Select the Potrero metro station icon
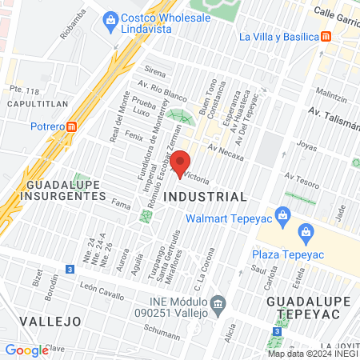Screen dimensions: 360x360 (x=73, y=126)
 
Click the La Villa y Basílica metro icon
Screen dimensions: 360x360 (x=326, y=37)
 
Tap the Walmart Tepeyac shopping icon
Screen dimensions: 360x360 (x=282, y=214)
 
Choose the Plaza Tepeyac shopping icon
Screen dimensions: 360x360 (x=305, y=234)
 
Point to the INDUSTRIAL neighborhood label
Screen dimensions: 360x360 (x=205, y=196)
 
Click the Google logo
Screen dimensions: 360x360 (x=26, y=350)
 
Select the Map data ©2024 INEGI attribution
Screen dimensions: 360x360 (x=312, y=354)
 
